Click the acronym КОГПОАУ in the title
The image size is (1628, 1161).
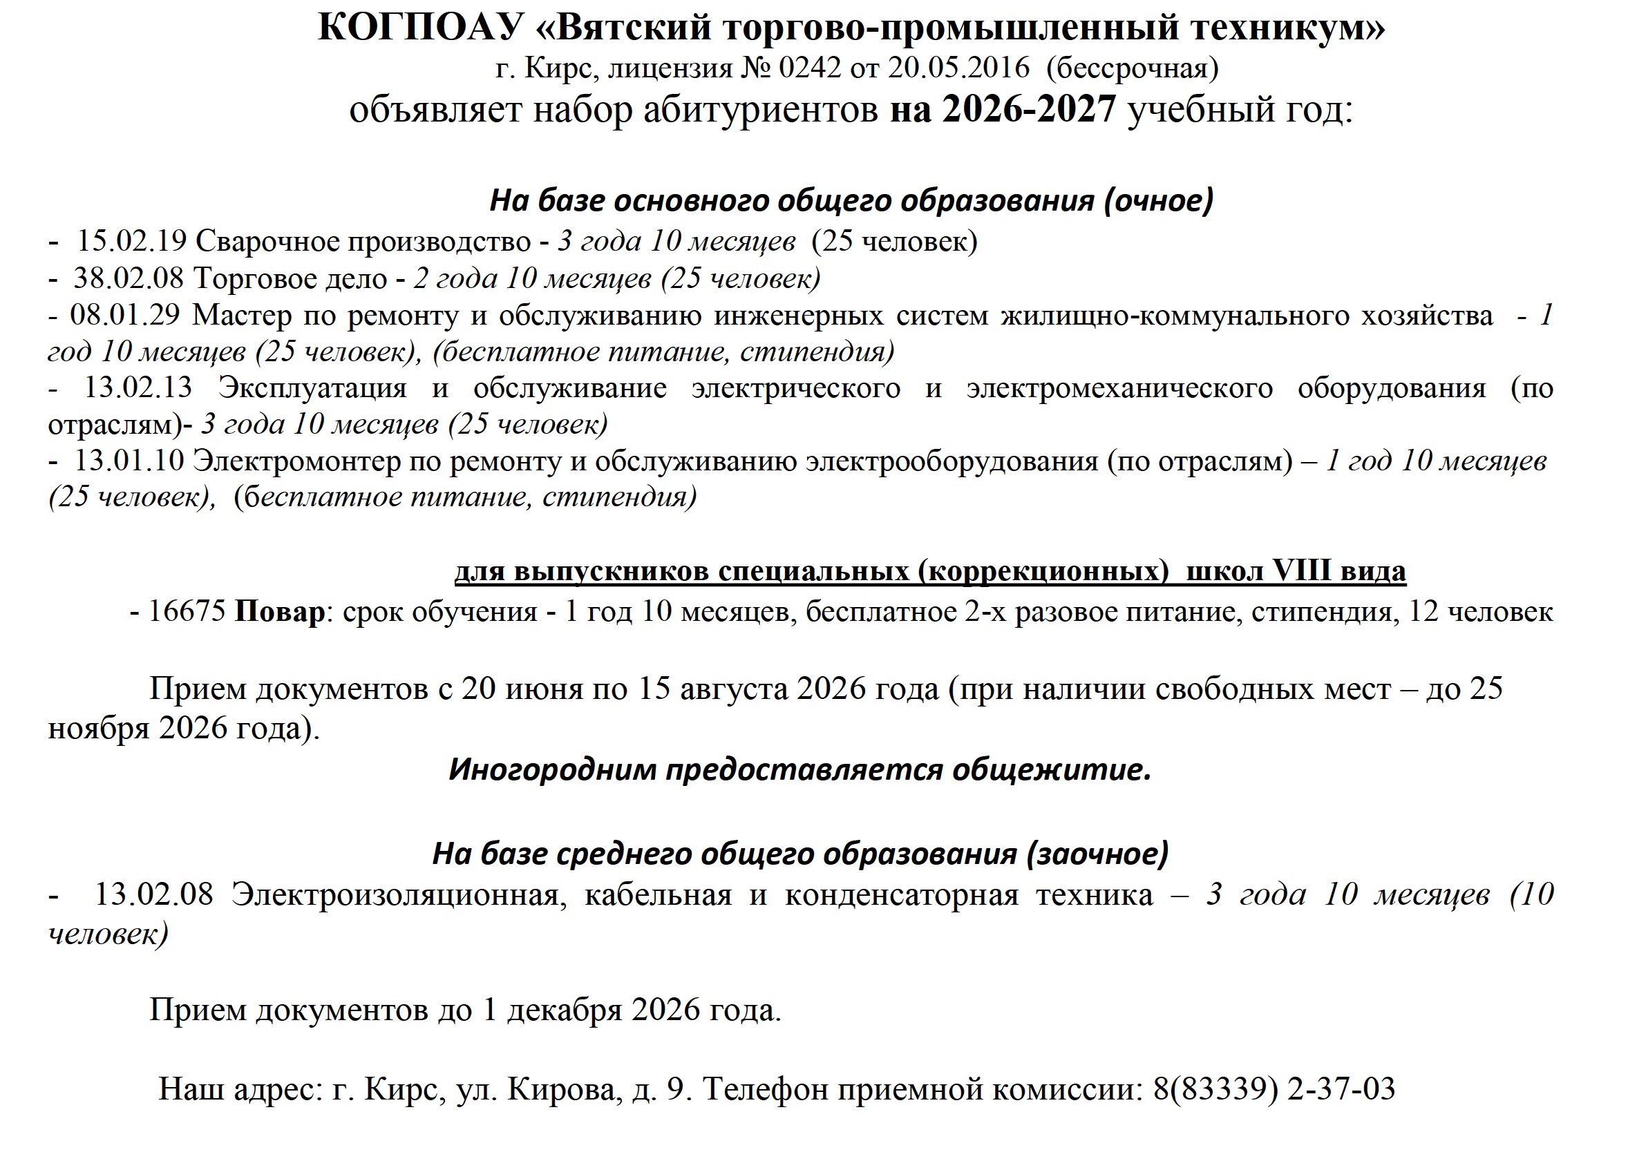click(422, 28)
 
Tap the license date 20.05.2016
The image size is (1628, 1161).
click(958, 68)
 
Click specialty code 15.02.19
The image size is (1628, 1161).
click(131, 242)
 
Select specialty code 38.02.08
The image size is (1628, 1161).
click(129, 278)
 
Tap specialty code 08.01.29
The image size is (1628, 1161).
click(125, 314)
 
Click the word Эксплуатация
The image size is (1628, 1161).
click(312, 387)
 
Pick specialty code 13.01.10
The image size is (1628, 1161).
click(129, 461)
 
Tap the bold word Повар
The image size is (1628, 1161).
click(280, 612)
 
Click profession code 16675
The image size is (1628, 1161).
click(187, 612)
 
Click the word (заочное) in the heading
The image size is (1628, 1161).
click(1097, 854)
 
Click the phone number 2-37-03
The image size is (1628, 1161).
click(1341, 1088)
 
